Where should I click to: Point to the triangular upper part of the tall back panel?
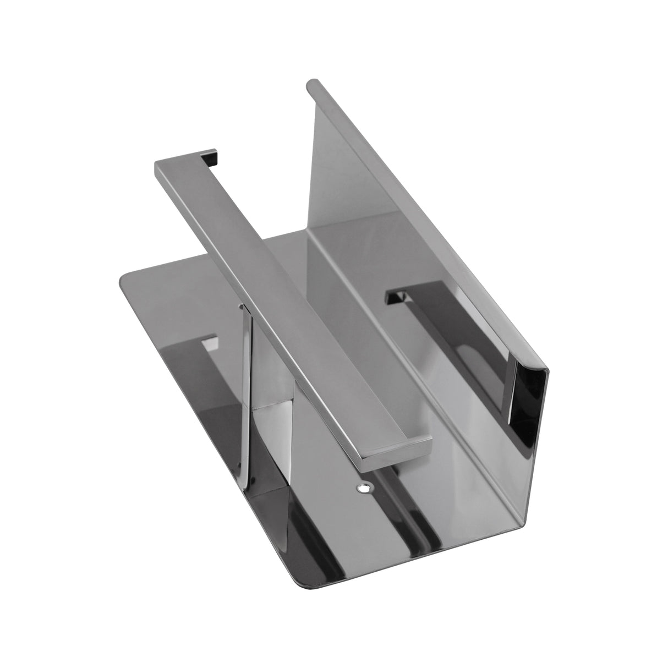336,165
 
